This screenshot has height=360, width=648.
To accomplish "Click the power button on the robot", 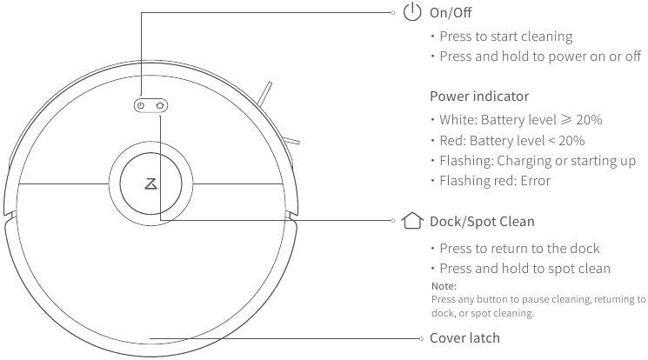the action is pyautogui.click(x=141, y=105).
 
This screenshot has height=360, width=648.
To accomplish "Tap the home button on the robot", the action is pyautogui.click(x=160, y=105).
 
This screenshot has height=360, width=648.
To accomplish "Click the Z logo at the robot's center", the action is pyautogui.click(x=150, y=183).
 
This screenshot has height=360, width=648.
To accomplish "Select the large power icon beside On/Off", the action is pyautogui.click(x=412, y=12).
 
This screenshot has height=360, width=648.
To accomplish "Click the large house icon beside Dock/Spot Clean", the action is pyautogui.click(x=412, y=221).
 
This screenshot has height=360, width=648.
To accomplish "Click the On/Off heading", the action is pyautogui.click(x=451, y=13).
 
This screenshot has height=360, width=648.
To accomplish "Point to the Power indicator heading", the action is pyautogui.click(x=479, y=97).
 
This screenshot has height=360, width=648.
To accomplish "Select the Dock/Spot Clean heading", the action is pyautogui.click(x=482, y=222).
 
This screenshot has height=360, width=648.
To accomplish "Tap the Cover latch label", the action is pyautogui.click(x=464, y=338).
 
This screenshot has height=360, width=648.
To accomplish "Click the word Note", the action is pyautogui.click(x=444, y=286).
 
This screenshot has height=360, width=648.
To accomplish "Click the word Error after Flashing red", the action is pyautogui.click(x=536, y=181).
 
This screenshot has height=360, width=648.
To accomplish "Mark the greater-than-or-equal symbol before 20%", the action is pyautogui.click(x=566, y=119).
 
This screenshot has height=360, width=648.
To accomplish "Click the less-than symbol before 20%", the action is pyautogui.click(x=551, y=141).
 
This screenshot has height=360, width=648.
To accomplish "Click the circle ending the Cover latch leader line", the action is pyautogui.click(x=421, y=338).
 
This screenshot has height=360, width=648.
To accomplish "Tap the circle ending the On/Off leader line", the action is pyautogui.click(x=392, y=12).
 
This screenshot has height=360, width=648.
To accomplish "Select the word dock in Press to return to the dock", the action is pyautogui.click(x=585, y=249).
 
